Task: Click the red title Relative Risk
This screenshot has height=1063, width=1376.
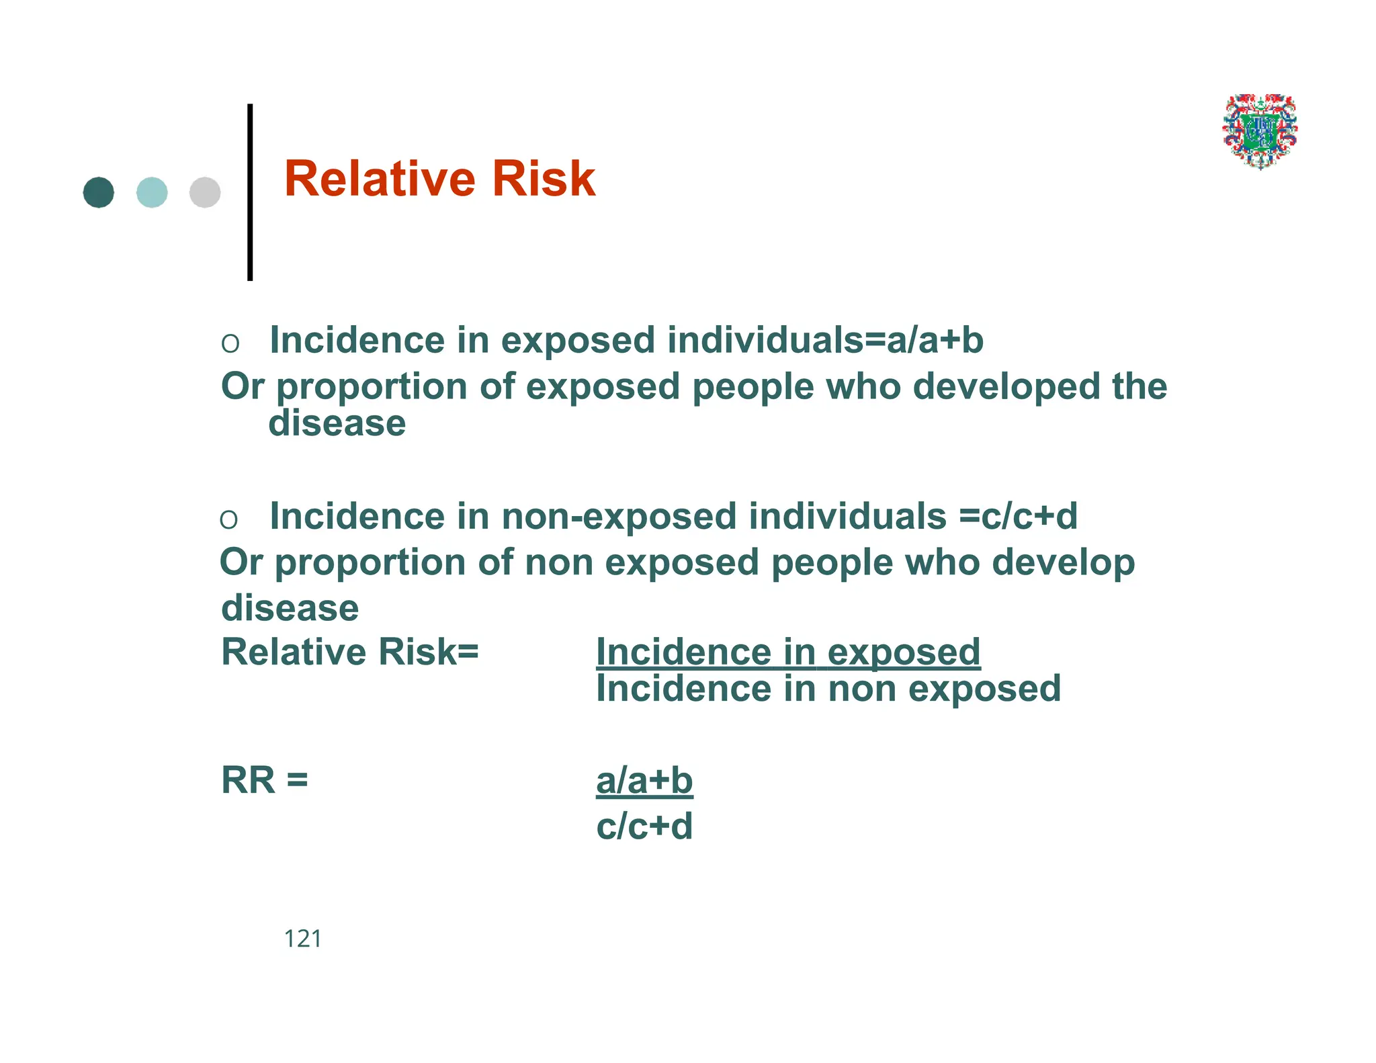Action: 439,179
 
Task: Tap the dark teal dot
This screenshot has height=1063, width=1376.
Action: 99,193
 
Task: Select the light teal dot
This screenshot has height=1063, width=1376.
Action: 152,193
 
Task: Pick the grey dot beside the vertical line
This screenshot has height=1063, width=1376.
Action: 205,193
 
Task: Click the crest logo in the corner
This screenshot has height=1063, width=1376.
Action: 1260,131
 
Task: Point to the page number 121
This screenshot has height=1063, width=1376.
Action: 302,939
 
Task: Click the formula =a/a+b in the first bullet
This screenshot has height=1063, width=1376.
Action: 924,340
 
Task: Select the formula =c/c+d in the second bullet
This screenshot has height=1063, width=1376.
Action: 1018,516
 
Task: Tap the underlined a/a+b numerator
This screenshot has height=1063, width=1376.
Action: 644,781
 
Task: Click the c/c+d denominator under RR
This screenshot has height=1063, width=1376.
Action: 644,826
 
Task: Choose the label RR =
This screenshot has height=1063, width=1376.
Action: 265,781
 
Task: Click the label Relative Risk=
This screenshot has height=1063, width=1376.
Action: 350,652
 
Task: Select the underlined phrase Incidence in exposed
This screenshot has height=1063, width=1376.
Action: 788,652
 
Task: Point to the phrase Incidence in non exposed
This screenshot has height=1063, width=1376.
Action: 828,689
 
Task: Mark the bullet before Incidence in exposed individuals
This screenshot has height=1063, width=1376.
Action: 230,343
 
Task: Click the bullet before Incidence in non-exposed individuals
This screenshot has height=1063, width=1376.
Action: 228,519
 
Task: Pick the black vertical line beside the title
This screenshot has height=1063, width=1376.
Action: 250,192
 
